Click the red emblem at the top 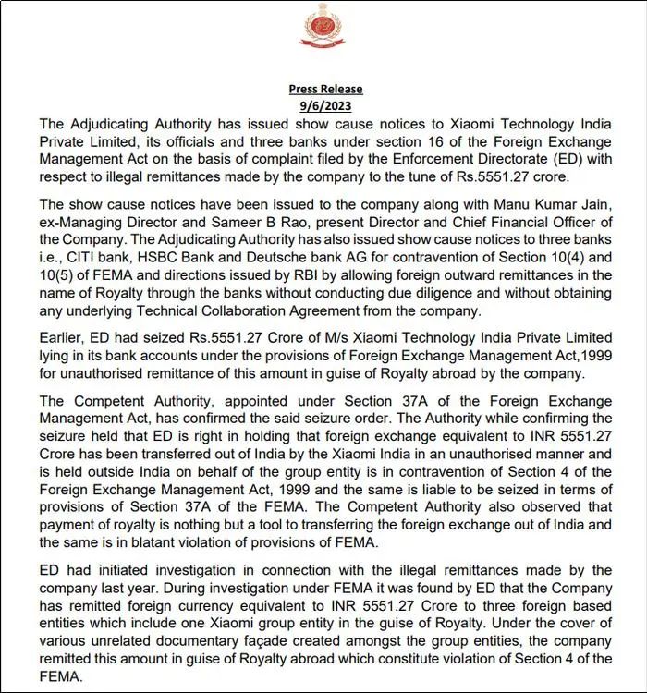pyautogui.click(x=323, y=27)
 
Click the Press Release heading pyautogui.click(x=325, y=89)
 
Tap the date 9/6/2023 pyautogui.click(x=325, y=105)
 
